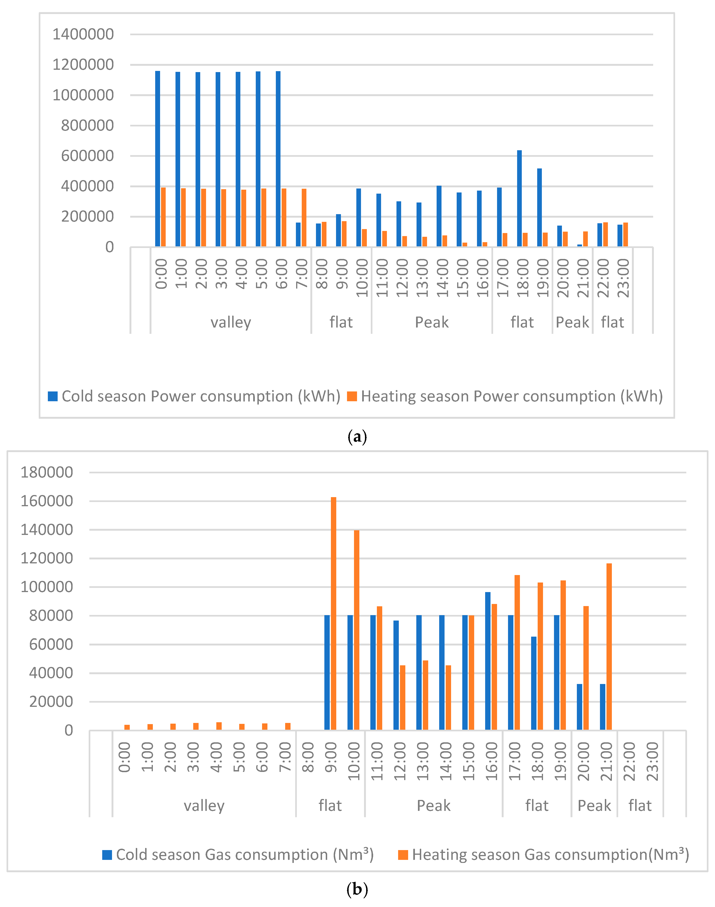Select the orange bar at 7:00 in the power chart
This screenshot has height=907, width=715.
[304, 218]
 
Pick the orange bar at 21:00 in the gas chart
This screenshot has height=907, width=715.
[609, 647]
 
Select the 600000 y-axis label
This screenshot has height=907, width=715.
[87, 156]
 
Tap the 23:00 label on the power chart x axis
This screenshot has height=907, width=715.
[623, 278]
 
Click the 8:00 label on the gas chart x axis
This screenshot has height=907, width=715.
[308, 762]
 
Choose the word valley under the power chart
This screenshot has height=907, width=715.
[231, 322]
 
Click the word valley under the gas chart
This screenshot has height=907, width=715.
[204, 806]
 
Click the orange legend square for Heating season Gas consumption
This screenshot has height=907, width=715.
[403, 855]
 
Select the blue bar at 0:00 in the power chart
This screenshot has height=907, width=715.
[158, 159]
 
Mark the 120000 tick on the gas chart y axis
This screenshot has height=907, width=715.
[47, 558]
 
